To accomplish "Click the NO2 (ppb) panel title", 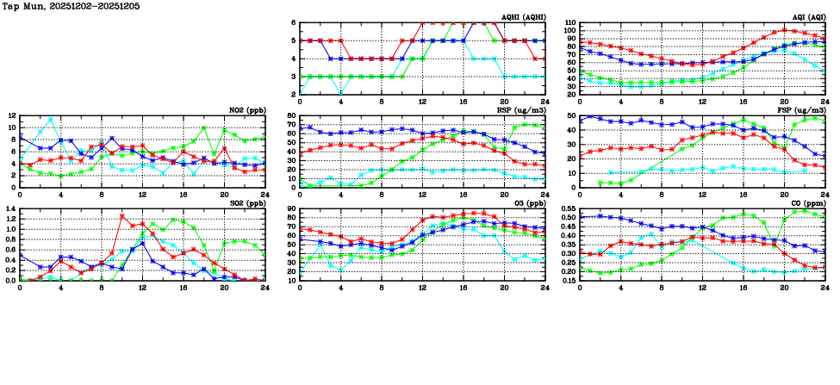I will pos(246,110).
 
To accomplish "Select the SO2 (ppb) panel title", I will pos(246,203).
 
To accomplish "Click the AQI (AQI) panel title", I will pos(807,17).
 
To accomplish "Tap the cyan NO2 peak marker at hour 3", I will pos(51,119).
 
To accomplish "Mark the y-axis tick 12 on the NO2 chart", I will pos(11,115).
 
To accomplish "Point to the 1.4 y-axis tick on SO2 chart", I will pos(9,208).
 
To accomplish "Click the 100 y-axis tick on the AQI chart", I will pos(571,31).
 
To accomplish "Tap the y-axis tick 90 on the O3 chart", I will pos(291,208).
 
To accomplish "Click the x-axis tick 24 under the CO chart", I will pos(824,287).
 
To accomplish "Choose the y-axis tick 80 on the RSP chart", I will pos(291,115).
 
